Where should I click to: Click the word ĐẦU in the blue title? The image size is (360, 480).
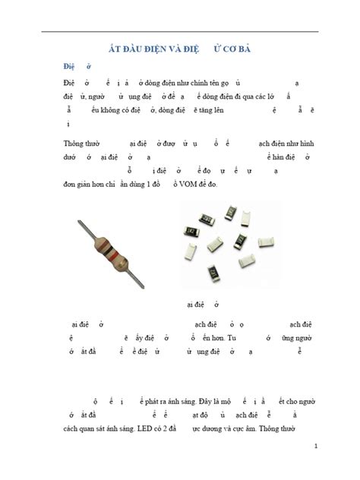pyautogui.click(x=137, y=48)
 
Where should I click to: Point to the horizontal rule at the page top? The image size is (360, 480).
pyautogui.click(x=179, y=31)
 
